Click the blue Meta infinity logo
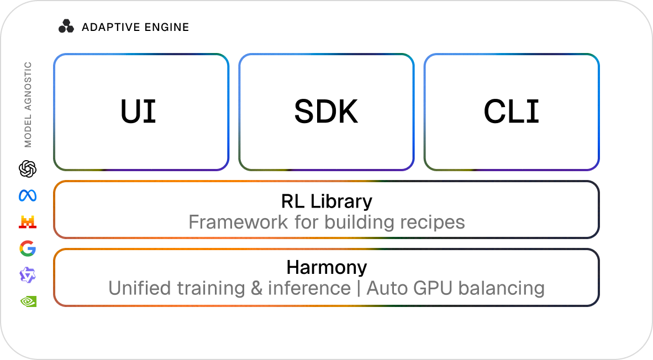click(x=27, y=195)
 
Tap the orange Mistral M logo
click(x=27, y=222)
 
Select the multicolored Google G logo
click(x=27, y=249)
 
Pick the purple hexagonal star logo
click(x=27, y=275)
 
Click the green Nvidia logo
click(x=27, y=301)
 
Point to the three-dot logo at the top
click(x=66, y=26)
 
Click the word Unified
click(x=140, y=288)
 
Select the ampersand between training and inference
click(x=256, y=288)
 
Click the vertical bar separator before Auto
click(x=359, y=288)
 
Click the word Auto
click(x=386, y=288)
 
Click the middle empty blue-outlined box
click(x=326, y=112)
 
